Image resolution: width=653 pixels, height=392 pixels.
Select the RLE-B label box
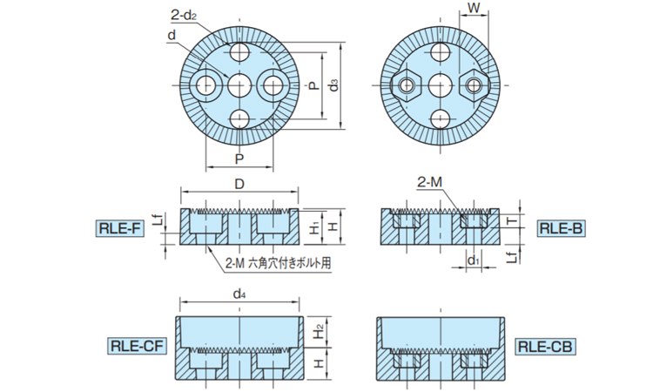point(560,229)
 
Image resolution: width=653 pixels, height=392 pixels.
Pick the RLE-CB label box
point(544,346)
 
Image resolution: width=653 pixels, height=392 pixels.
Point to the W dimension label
point(474,10)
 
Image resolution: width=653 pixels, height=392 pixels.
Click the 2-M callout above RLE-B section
point(431,182)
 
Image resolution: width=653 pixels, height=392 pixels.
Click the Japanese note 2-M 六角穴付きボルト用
point(279,260)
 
